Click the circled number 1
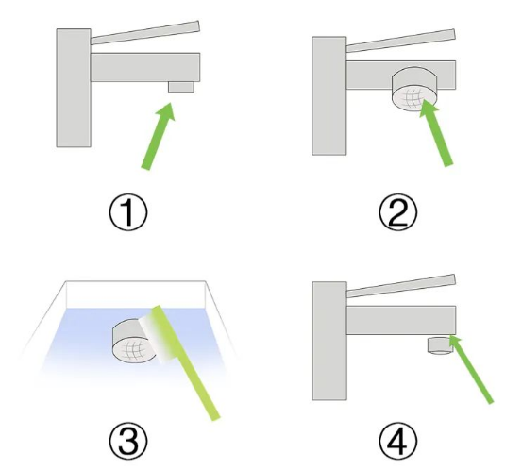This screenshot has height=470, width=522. point(128,212)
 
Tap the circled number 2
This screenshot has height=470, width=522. point(397,212)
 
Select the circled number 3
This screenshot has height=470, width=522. point(128,441)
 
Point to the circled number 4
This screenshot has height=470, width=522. point(397,441)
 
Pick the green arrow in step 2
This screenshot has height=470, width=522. point(436,132)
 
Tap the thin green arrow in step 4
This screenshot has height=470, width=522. point(471,369)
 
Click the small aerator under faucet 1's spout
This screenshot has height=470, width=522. point(181,87)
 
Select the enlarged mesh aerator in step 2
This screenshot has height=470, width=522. point(414,90)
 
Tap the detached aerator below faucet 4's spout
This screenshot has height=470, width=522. point(440,345)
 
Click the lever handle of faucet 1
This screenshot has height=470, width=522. point(145,33)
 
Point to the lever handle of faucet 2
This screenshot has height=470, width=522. point(401,41)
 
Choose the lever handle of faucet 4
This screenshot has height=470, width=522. point(401,286)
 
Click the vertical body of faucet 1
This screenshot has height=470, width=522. point(74,88)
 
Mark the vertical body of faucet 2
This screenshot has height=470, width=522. point(329,96)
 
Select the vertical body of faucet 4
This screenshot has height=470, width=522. point(329,341)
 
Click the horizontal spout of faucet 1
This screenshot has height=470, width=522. point(145,67)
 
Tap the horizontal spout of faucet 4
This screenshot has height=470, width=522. point(401,320)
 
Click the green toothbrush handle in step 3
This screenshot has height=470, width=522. point(186,362)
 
